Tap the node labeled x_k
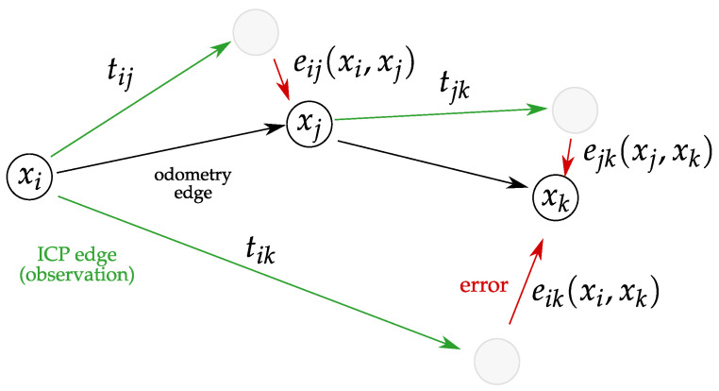(x=554, y=197)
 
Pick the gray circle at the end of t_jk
(x=575, y=110)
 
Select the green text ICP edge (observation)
(x=81, y=266)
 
